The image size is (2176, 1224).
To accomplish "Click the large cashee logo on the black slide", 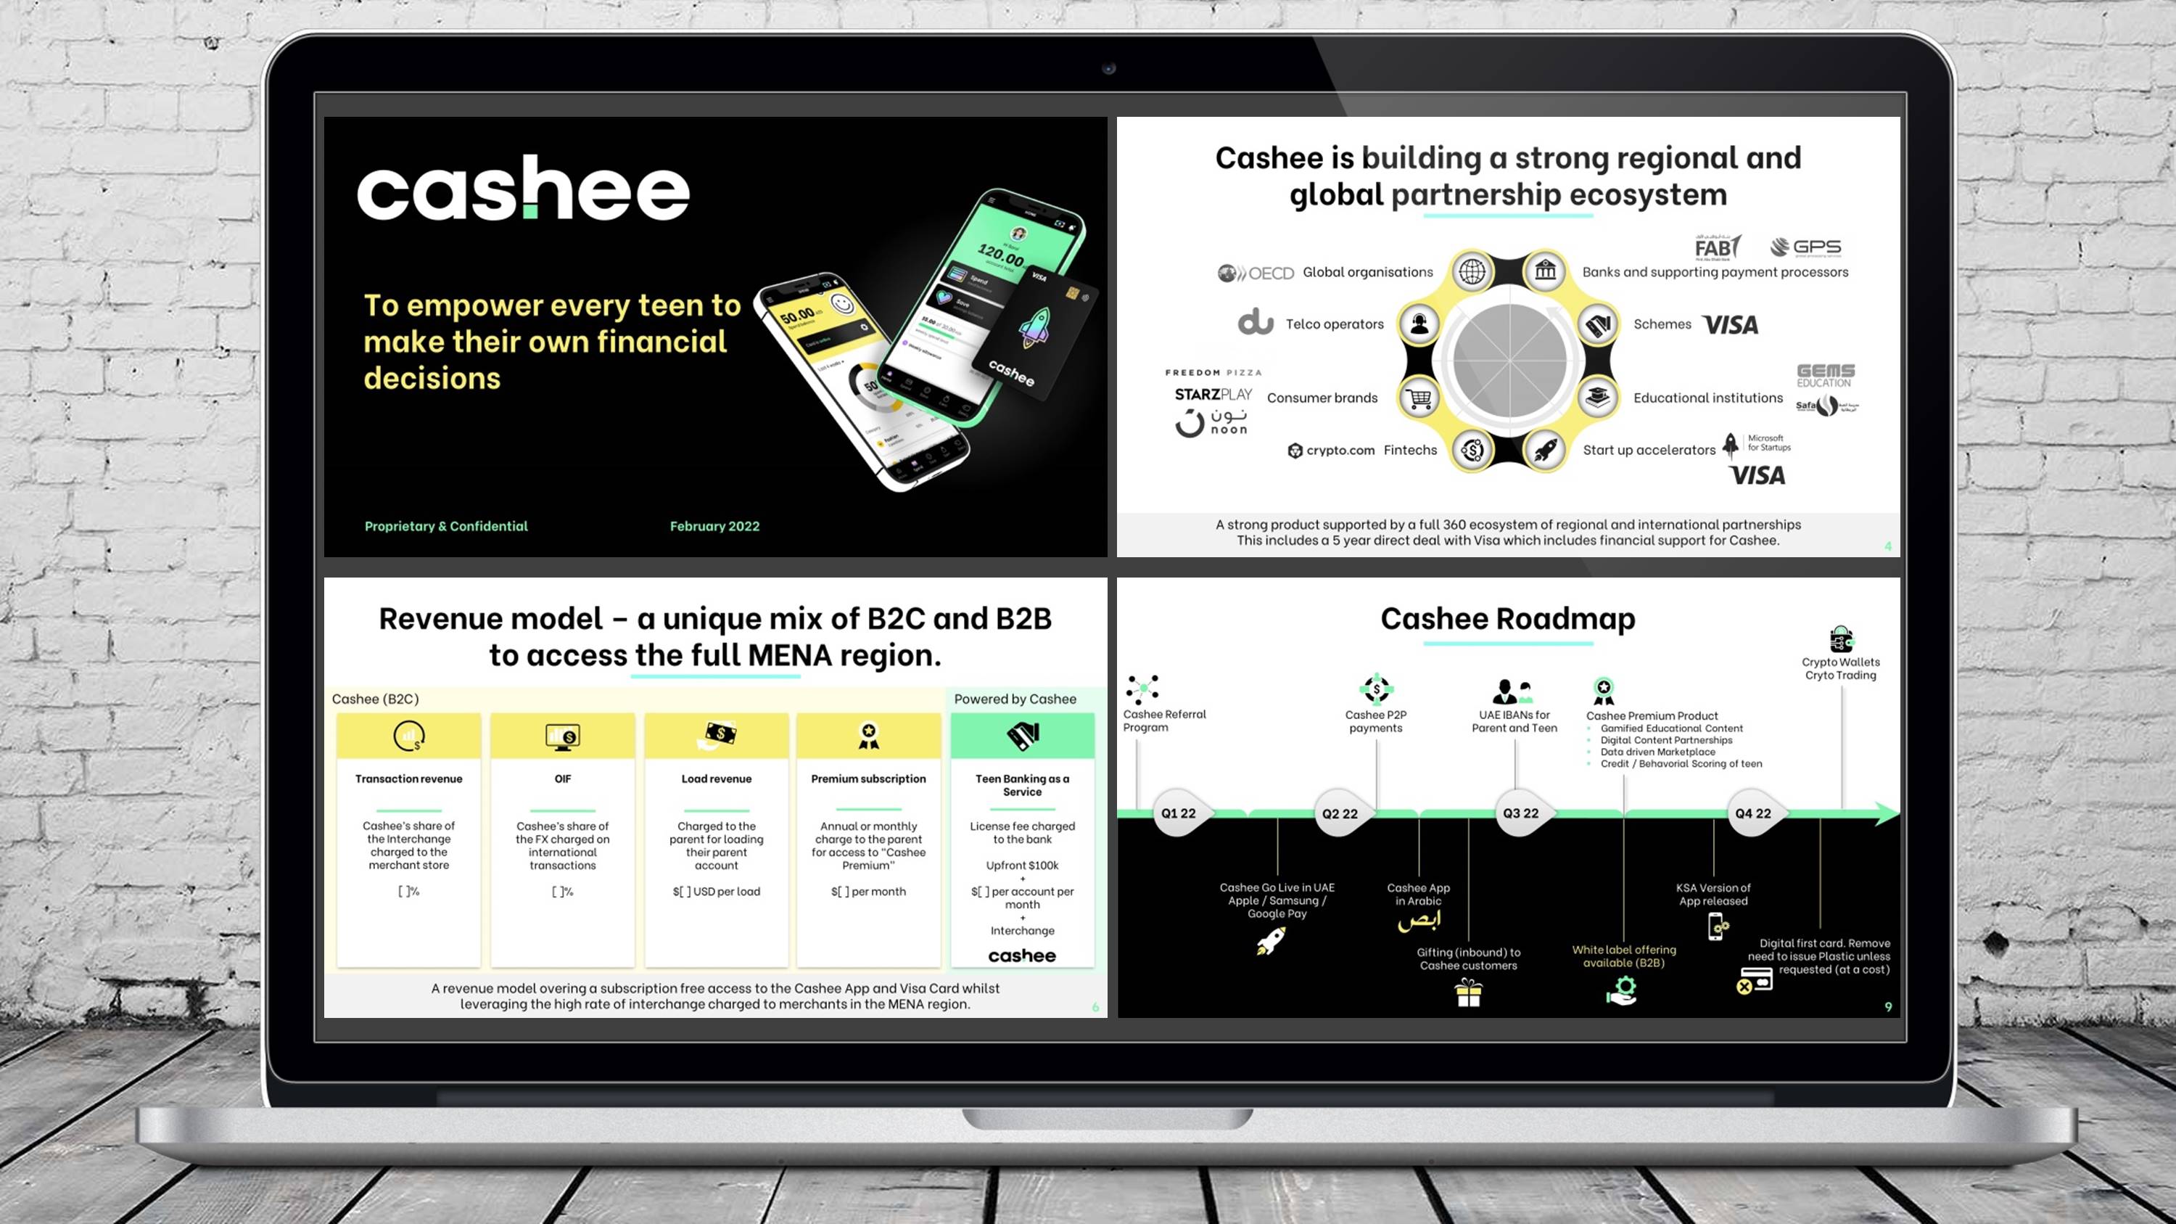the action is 523,189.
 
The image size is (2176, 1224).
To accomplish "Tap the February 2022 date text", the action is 714,526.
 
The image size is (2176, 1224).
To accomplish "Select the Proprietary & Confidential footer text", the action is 446,526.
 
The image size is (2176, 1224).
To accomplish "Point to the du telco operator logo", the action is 1256,323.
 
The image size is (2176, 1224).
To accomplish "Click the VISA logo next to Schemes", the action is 1731,325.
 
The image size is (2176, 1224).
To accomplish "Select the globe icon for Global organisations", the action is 1472,272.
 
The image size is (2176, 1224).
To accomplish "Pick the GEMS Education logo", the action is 1826,375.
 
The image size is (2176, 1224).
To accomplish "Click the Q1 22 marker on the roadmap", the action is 1179,813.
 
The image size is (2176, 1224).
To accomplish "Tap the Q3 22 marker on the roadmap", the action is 1520,813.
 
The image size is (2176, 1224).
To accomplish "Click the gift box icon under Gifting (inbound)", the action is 1468,993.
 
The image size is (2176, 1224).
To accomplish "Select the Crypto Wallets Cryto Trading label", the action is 1841,668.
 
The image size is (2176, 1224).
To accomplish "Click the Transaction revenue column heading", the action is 409,779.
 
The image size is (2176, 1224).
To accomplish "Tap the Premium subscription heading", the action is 868,779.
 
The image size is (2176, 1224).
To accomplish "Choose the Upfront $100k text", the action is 1022,865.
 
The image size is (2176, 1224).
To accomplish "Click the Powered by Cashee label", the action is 1015,699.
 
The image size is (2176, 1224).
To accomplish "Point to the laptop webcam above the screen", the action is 1109,68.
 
